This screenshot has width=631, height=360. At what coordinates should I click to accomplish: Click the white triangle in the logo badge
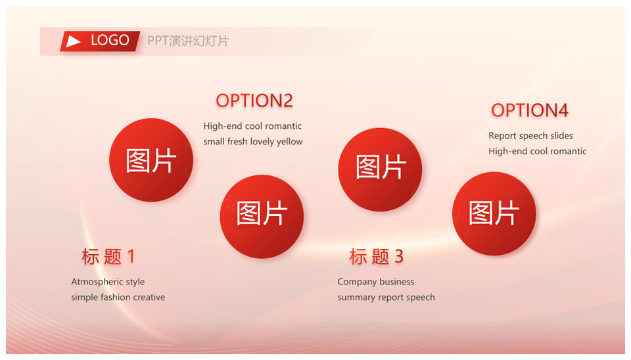[x=73, y=41]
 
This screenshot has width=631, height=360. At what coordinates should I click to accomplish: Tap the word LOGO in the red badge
[x=110, y=40]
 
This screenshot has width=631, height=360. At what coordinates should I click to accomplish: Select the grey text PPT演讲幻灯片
[x=188, y=41]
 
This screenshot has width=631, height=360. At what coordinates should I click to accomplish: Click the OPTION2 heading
[x=254, y=101]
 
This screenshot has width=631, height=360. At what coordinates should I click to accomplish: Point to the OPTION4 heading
[x=530, y=110]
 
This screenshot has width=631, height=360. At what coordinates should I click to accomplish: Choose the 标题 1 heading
[x=108, y=257]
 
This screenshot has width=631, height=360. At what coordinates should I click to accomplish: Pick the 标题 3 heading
[x=376, y=257]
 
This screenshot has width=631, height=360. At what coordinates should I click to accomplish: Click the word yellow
[x=289, y=142]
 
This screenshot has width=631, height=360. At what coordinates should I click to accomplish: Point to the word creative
[x=149, y=297]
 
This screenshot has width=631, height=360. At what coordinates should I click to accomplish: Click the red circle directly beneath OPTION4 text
[x=494, y=214]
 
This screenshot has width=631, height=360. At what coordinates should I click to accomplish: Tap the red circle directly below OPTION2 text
[x=262, y=216]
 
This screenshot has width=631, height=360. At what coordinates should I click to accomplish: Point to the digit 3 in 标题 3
[x=399, y=257]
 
